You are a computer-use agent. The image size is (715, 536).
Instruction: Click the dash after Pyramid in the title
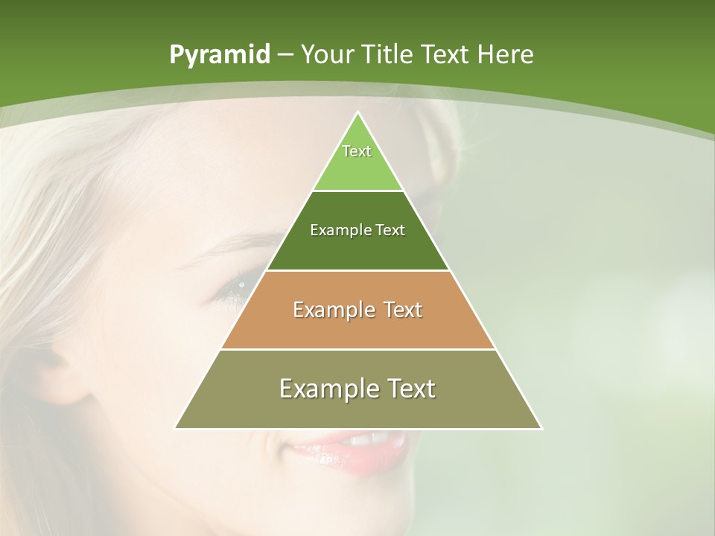(x=284, y=55)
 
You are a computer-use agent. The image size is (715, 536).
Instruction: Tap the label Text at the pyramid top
(x=357, y=151)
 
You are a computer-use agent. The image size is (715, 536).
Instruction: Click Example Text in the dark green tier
(x=357, y=230)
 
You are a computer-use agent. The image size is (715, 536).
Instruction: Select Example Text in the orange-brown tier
(x=357, y=310)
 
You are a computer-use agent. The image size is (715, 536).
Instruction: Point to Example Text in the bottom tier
(x=357, y=389)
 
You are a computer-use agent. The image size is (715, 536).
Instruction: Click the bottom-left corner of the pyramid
(x=175, y=428)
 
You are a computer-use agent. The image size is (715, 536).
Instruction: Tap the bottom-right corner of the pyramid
(x=541, y=428)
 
